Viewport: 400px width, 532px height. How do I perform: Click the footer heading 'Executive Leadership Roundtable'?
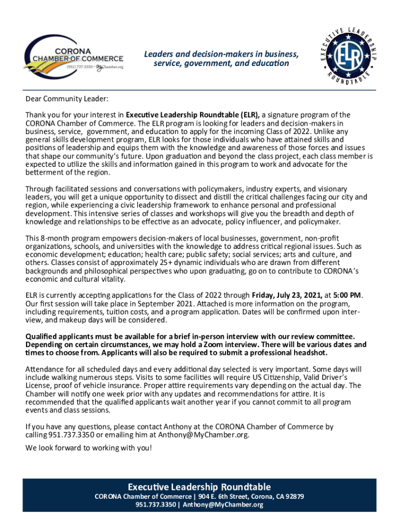coord(199,487)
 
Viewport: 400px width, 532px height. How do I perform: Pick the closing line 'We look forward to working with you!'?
coord(89,448)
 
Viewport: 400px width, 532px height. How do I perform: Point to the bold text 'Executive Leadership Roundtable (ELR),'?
coord(193,115)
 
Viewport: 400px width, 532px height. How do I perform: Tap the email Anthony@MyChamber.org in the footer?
coord(223,505)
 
